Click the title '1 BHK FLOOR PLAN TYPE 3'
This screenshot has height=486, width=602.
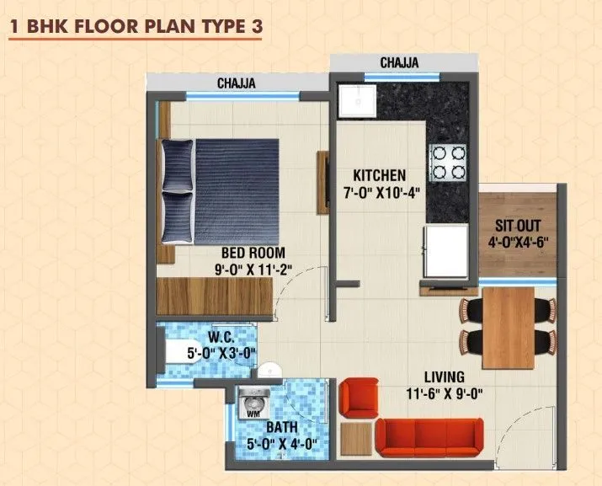pyautogui.click(x=136, y=25)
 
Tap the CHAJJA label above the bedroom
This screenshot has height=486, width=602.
pyautogui.click(x=237, y=83)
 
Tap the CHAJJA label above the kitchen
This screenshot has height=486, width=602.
pyautogui.click(x=399, y=63)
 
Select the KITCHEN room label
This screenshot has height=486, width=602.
pyautogui.click(x=379, y=175)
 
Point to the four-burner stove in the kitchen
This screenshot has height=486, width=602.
pyautogui.click(x=449, y=163)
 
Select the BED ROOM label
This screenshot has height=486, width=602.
pyautogui.click(x=253, y=252)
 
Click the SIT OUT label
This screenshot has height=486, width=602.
pyautogui.click(x=517, y=226)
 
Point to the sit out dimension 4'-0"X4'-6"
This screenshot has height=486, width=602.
pyautogui.click(x=517, y=241)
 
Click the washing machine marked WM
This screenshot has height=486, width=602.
pyautogui.click(x=253, y=403)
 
